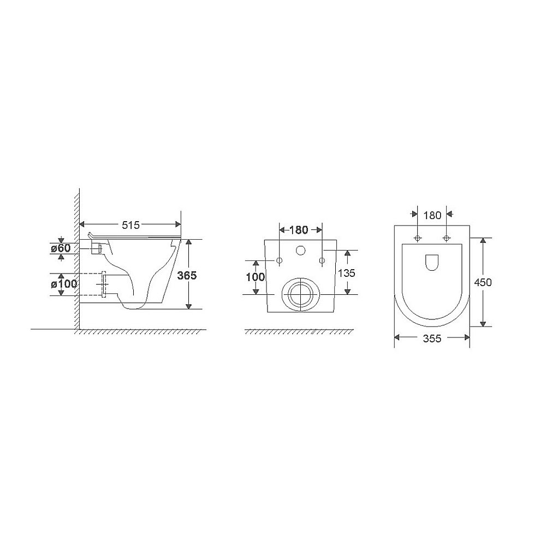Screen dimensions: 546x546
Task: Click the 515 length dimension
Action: pos(130,225)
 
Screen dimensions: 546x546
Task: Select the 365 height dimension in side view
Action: pos(187,275)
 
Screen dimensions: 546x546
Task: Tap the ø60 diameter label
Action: pos(61,248)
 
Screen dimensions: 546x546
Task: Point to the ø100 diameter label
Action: pos(64,284)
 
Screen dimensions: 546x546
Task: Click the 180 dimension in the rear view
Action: pos(299,230)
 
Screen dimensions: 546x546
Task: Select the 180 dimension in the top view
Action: pos(432,216)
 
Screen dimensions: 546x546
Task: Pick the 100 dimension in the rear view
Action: pos(256,277)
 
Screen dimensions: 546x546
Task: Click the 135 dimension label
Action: pos(347,273)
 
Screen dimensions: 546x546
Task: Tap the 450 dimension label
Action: pos(483,282)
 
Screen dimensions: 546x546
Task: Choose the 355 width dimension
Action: pos(432,338)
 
